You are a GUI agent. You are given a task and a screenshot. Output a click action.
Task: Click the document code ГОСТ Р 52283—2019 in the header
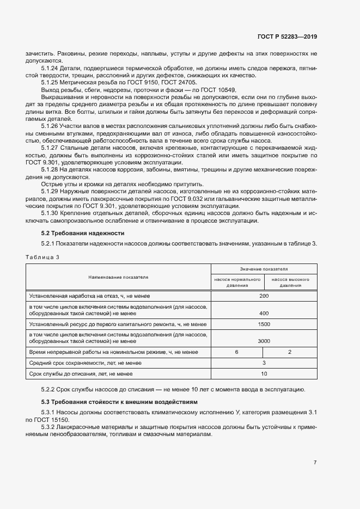[x=287, y=37]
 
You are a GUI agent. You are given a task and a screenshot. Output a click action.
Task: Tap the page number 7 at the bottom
[x=315, y=463]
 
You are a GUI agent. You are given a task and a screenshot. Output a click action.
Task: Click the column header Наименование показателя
[x=118, y=277]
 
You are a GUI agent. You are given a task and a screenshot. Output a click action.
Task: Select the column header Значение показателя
[x=264, y=269]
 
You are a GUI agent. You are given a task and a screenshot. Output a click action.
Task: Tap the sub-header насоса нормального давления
[x=237, y=282]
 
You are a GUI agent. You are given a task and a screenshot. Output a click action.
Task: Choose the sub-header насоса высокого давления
[x=290, y=282]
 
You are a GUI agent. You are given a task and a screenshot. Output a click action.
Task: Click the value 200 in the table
[x=264, y=296]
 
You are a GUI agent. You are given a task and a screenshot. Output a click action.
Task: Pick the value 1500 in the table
[x=264, y=324]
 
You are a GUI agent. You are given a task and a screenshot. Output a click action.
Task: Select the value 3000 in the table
[x=264, y=341]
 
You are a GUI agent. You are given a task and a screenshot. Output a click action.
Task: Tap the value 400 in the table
[x=264, y=313]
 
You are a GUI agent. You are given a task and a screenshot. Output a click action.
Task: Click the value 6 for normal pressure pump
[x=237, y=353]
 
